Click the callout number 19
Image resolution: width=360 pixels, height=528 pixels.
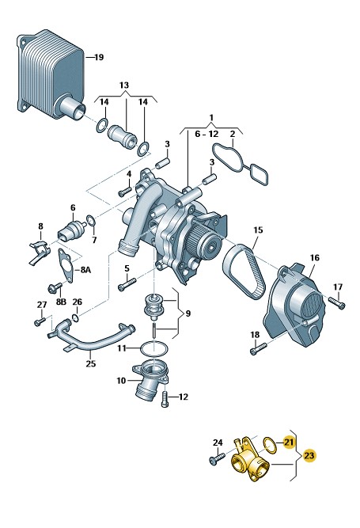pyautogui.click(x=99, y=57)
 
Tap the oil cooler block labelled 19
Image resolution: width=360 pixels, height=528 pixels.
pyautogui.click(x=51, y=74)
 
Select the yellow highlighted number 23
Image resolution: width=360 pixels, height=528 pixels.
pyautogui.click(x=309, y=456)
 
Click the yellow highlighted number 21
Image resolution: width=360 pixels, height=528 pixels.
pyautogui.click(x=289, y=442)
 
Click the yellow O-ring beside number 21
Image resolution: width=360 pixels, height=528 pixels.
pyautogui.click(x=270, y=445)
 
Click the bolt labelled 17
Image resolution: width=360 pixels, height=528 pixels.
pyautogui.click(x=337, y=302)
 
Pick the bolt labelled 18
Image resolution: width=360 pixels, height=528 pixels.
pyautogui.click(x=258, y=348)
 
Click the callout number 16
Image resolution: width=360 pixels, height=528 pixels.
pyautogui.click(x=315, y=258)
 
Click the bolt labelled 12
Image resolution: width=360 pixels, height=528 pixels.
pyautogui.click(x=165, y=399)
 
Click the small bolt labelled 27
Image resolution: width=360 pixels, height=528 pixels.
pyautogui.click(x=40, y=322)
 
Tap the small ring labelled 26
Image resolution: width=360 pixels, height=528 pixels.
pyautogui.click(x=76, y=317)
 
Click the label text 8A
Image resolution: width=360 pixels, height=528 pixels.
pyautogui.click(x=85, y=270)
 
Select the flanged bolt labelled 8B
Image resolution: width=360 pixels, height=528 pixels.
pyautogui.click(x=55, y=288)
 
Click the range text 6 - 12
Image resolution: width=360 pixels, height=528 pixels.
pyautogui.click(x=207, y=134)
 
